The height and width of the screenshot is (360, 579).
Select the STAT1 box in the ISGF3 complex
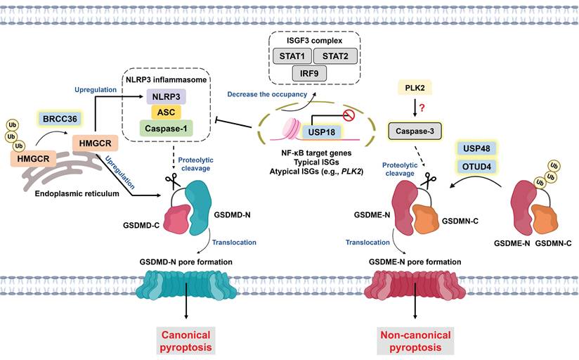(288, 55)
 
